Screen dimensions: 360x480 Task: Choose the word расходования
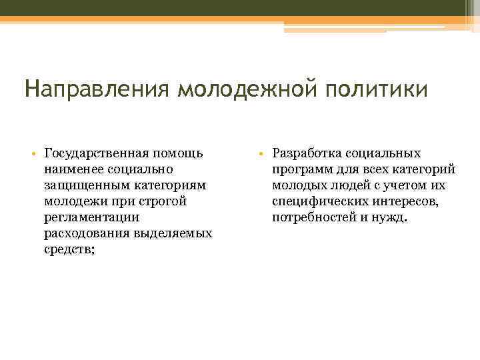[85, 233]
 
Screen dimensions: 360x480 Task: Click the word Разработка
[306, 153]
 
